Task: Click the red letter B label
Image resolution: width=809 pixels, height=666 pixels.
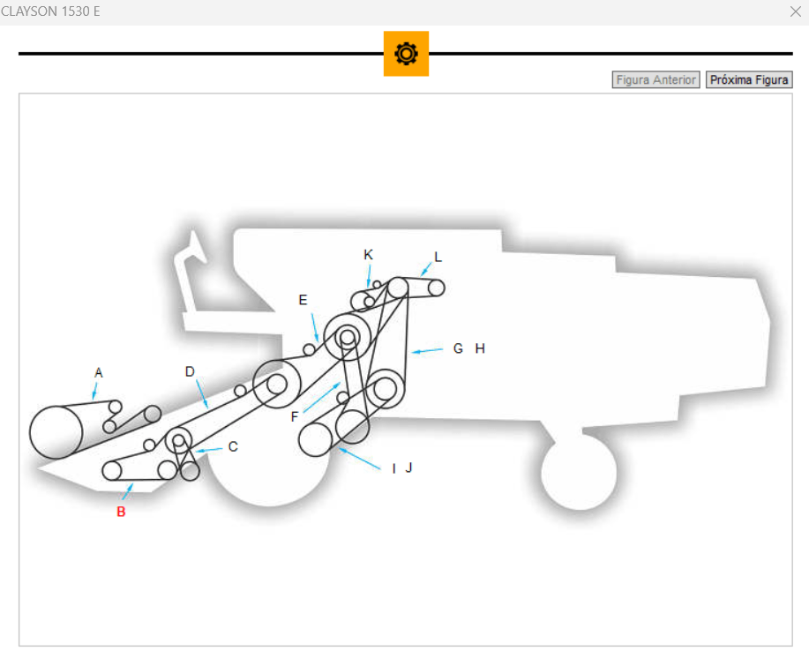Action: coord(121,512)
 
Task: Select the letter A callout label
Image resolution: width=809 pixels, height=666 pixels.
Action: coord(99,373)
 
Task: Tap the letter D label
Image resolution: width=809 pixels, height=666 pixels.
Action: coord(190,371)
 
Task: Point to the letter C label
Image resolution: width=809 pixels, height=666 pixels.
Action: coord(233,446)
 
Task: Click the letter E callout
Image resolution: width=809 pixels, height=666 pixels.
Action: coord(303,300)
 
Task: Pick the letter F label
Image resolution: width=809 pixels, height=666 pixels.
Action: coord(295,417)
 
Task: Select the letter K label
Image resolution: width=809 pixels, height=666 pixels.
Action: coord(369,254)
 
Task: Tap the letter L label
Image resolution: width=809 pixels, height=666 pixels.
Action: coord(438,258)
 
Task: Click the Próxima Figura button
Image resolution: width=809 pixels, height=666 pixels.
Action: coord(749,80)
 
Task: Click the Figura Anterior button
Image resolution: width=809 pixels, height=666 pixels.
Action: coord(655,80)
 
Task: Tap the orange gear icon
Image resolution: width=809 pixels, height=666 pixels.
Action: coord(406,54)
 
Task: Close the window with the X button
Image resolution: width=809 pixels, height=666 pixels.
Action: coord(795,11)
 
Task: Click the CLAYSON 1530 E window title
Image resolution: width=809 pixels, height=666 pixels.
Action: coord(50,11)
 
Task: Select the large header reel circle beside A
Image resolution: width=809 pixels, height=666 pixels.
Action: coord(56,432)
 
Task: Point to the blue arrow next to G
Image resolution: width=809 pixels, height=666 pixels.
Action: coord(428,351)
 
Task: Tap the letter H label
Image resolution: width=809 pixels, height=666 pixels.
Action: coord(480,348)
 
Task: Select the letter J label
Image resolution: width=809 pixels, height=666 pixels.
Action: coord(408,468)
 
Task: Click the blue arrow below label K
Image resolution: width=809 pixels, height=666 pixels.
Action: coord(369,279)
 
